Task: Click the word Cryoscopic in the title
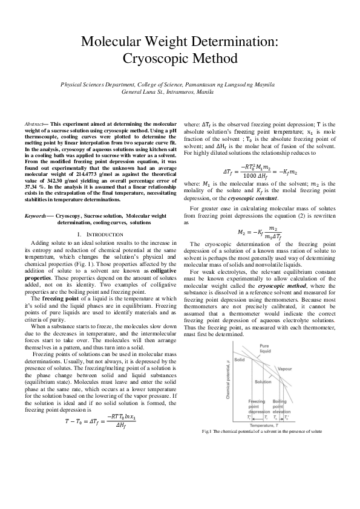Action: (154, 58)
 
